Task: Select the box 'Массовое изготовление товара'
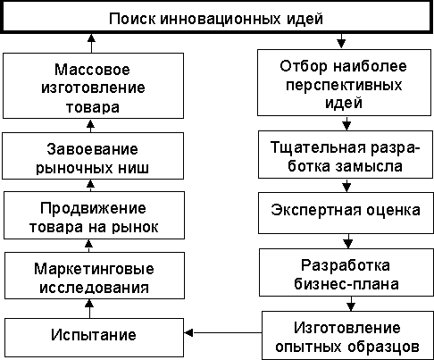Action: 93,86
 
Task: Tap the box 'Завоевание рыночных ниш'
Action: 93,155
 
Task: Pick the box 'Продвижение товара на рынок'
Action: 94,215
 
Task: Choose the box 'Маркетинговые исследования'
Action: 95,275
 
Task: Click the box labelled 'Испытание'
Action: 94,338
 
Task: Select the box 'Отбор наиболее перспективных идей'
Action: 344,82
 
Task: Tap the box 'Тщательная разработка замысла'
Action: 346,155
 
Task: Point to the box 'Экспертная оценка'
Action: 346,213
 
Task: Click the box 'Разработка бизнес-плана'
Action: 346,272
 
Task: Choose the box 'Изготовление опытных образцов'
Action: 347,335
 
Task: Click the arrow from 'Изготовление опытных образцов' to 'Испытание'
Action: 223,332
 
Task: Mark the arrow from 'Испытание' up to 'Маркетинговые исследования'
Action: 89,308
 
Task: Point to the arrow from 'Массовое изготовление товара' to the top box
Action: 91,43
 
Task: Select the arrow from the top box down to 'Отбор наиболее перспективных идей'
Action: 341,41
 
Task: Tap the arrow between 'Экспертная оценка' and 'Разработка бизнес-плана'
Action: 348,241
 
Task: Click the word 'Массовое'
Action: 92,70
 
